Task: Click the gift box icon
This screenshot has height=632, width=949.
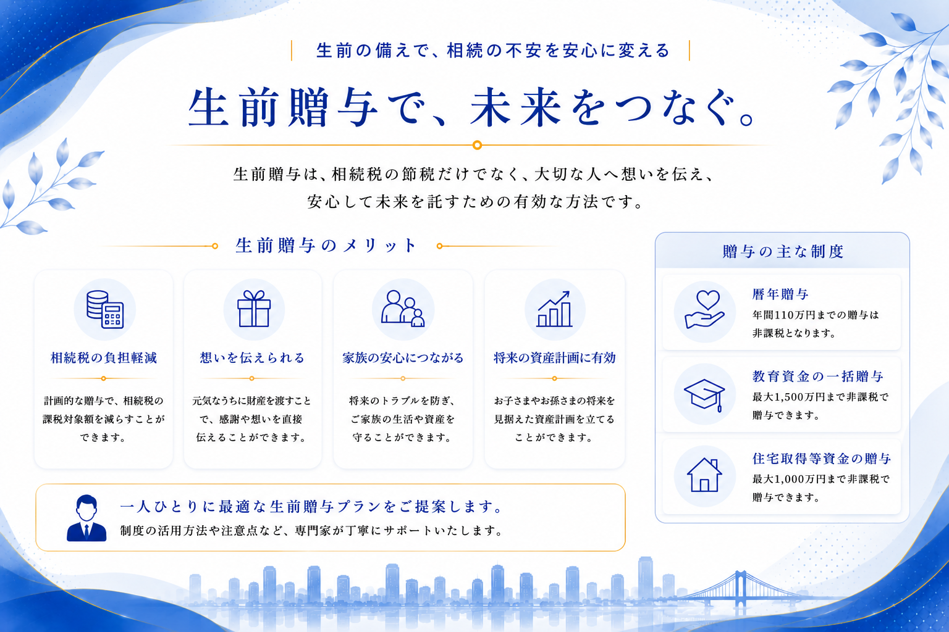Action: click(254, 309)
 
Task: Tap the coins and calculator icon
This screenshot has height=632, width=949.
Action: click(104, 309)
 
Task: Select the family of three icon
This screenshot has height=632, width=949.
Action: click(402, 309)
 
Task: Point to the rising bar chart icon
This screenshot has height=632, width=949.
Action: click(555, 309)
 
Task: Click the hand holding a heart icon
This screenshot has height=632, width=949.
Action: click(704, 309)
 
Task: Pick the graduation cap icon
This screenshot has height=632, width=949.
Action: click(704, 394)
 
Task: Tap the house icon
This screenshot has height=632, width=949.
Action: click(704, 475)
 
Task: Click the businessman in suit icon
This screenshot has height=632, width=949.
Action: click(86, 518)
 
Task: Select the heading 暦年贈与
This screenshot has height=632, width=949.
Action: click(780, 294)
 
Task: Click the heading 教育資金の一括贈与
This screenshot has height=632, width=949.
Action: click(818, 376)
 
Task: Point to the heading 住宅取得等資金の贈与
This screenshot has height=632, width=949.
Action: click(822, 459)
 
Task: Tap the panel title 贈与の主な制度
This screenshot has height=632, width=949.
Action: click(783, 251)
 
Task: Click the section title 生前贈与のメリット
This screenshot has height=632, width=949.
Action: click(326, 246)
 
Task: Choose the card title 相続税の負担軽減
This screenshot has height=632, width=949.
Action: click(104, 358)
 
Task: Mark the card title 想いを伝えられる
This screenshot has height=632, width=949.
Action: click(253, 358)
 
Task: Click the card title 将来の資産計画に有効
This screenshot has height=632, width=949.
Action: click(555, 358)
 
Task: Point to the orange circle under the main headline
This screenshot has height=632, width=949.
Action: click(477, 145)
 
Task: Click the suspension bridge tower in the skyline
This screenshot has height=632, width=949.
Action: click(741, 589)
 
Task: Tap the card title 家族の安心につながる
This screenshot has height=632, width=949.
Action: click(403, 358)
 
